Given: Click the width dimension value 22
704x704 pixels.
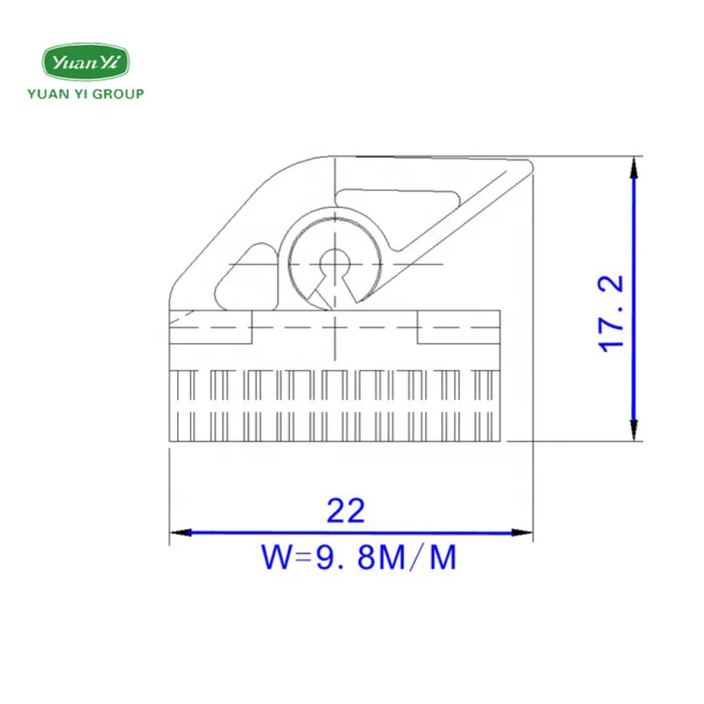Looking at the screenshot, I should click(x=345, y=511).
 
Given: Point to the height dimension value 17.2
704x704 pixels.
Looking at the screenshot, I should click(x=612, y=313).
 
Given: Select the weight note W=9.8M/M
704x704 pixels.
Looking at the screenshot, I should click(x=359, y=559).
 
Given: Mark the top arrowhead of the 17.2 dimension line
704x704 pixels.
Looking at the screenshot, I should click(x=634, y=167).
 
